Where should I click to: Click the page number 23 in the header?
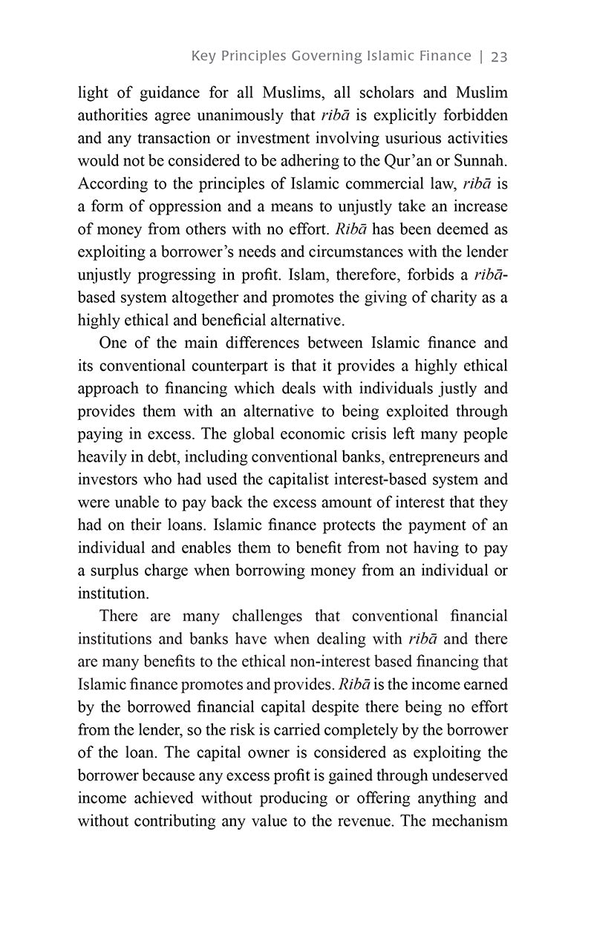(x=498, y=56)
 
